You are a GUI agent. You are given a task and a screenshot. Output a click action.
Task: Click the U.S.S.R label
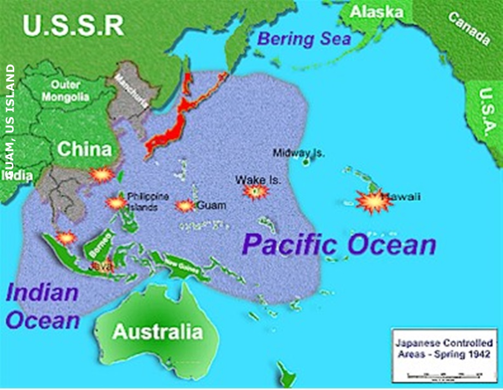pos(74,26)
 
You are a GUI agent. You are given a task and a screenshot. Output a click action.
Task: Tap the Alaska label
pos(377,12)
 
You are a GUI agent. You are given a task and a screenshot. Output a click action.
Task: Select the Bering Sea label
pos(301,39)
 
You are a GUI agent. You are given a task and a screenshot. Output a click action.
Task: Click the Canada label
pos(470,28)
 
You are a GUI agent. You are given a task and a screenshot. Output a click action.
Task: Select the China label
pos(85,149)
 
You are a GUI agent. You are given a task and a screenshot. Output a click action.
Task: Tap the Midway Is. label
pos(299,153)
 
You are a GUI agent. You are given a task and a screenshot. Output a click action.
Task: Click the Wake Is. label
pos(258,179)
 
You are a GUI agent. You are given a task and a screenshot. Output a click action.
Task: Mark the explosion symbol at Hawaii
pos(375,201)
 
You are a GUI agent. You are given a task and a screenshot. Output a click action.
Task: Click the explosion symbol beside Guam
pos(185,206)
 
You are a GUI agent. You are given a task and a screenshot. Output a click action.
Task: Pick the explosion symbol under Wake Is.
pos(256,191)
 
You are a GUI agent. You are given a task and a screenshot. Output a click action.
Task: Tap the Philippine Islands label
pos(148,201)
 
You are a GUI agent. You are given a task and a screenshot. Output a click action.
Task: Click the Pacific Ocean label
pos(339,245)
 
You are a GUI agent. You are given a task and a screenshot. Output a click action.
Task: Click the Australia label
pos(157,331)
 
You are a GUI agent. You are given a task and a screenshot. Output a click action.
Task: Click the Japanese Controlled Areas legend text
pos(444,348)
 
